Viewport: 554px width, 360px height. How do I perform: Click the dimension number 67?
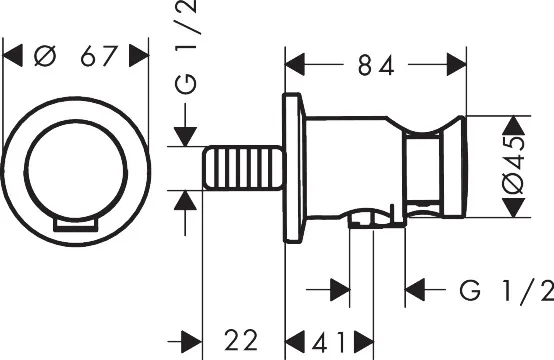pyautogui.click(x=99, y=56)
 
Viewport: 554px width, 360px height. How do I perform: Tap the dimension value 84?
pyautogui.click(x=376, y=65)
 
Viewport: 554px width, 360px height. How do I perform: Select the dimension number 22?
pyautogui.click(x=241, y=340)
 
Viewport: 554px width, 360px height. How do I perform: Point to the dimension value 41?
pyautogui.click(x=328, y=342)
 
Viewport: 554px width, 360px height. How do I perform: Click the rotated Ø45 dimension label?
pyautogui.click(x=513, y=166)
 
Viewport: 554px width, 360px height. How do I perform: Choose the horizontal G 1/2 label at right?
pyautogui.click(x=507, y=290)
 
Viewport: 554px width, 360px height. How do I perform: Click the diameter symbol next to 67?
pyautogui.click(x=45, y=56)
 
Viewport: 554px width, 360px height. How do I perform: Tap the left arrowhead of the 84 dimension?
pyautogui.click(x=295, y=65)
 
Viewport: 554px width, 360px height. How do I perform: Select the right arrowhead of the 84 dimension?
pyautogui.click(x=457, y=64)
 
